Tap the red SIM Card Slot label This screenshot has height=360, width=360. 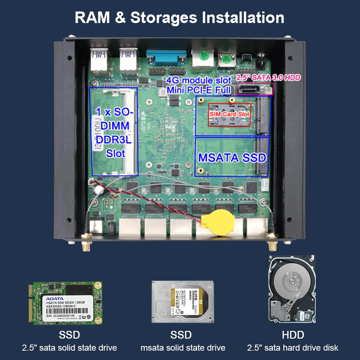point(229,114)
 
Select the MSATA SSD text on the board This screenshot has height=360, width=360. point(232,158)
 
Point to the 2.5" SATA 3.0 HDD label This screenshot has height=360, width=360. point(268,77)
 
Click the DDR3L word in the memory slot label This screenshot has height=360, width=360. point(114,139)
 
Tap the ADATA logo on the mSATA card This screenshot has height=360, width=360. point(55,299)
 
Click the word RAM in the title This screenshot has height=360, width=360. point(94,17)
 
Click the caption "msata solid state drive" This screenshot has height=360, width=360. point(183,348)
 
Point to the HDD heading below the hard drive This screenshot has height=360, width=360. point(293,335)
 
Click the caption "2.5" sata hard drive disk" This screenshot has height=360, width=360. point(293,348)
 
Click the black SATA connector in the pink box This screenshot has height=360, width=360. point(248,88)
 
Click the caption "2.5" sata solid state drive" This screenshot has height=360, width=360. point(69,348)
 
